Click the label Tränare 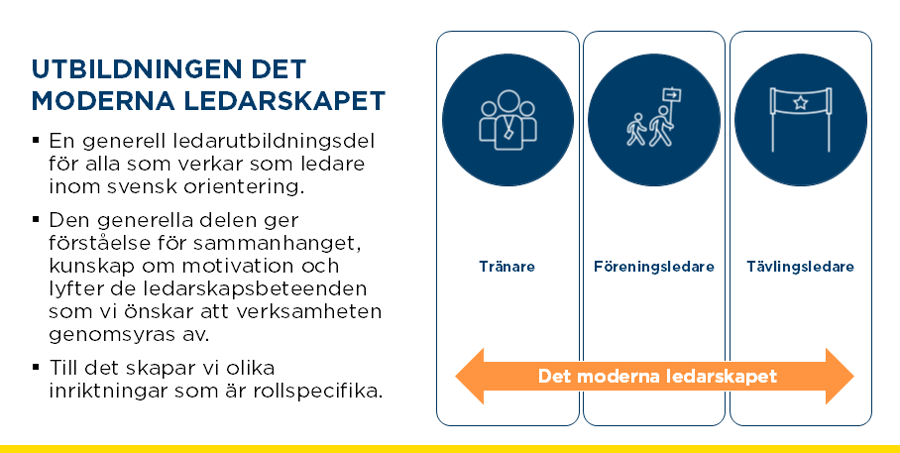(507, 266)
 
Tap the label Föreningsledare (654, 267)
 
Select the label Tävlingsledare (800, 267)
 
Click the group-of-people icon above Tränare (508, 120)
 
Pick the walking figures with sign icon (653, 117)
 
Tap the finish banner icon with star (801, 119)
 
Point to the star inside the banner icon (801, 103)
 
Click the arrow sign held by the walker (672, 95)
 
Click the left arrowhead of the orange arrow (470, 376)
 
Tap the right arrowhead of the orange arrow (840, 376)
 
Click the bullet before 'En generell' (36, 140)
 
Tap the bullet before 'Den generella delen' (36, 219)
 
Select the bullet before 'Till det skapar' (36, 367)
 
